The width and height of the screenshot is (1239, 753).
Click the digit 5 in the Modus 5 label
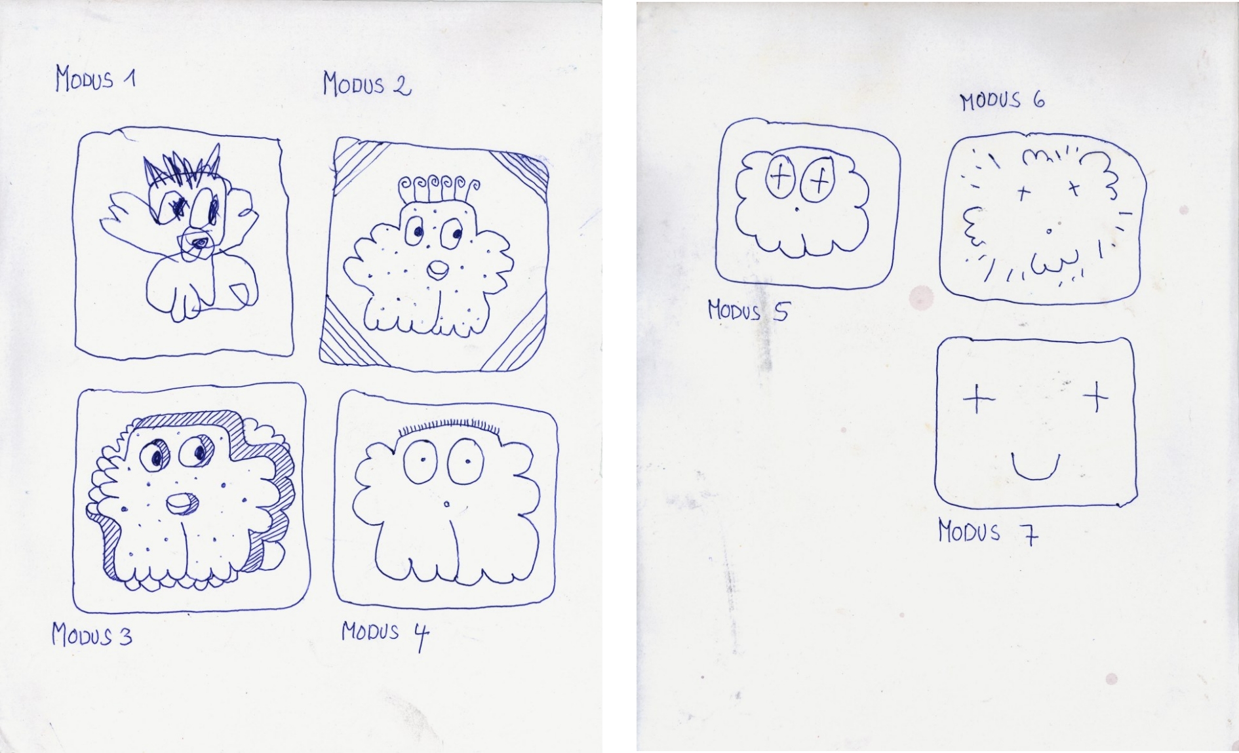[780, 312]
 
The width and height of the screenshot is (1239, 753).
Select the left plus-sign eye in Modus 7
[978, 398]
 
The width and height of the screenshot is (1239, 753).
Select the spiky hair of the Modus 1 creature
[182, 168]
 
